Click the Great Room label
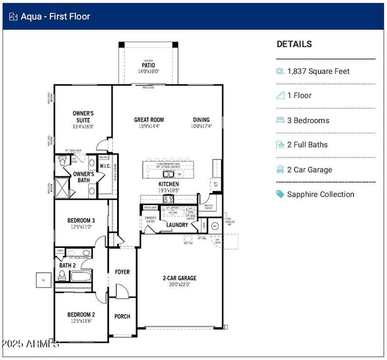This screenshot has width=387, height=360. pyautogui.click(x=149, y=120)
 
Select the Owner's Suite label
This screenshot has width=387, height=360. pyautogui.click(x=83, y=116)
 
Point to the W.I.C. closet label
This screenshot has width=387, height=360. pyautogui.click(x=104, y=166)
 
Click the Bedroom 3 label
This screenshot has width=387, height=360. pyautogui.click(x=81, y=220)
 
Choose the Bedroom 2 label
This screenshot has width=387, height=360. pyautogui.click(x=81, y=315)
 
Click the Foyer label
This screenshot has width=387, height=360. pyautogui.click(x=122, y=272)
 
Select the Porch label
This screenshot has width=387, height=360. pyautogui.click(x=122, y=316)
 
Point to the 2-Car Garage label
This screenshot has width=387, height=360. pyautogui.click(x=180, y=278)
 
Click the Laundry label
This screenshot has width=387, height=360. pyautogui.click(x=177, y=225)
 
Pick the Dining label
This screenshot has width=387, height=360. pyautogui.click(x=202, y=120)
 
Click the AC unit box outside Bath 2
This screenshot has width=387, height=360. pyautogui.click(x=43, y=280)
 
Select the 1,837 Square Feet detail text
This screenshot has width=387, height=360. pyautogui.click(x=318, y=71)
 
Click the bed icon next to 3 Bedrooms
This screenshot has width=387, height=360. pyautogui.click(x=280, y=121)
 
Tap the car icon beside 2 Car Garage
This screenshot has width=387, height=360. pyautogui.click(x=280, y=170)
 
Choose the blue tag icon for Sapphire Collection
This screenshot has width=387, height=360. pyautogui.click(x=280, y=194)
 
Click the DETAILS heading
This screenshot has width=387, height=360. pyautogui.click(x=294, y=44)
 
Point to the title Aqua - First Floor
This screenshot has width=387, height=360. pyautogui.click(x=55, y=16)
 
